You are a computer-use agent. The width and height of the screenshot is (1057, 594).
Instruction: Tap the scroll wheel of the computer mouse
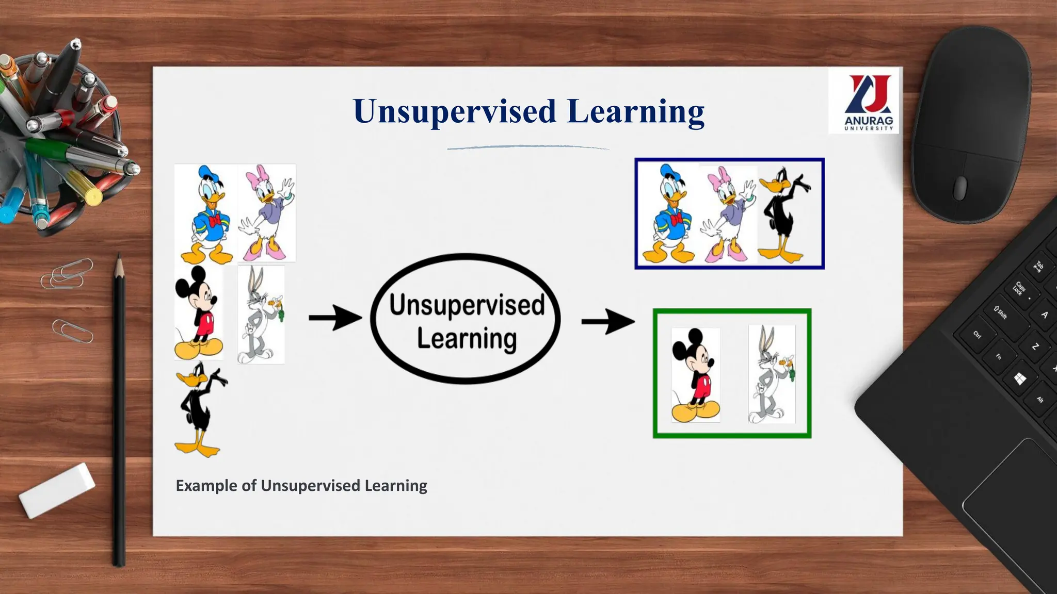(x=959, y=188)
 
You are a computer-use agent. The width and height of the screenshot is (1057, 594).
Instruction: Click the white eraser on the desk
(x=57, y=490)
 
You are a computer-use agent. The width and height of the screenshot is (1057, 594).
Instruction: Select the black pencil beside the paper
(x=119, y=412)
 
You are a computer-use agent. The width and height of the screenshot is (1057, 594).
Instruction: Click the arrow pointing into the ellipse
(x=335, y=318)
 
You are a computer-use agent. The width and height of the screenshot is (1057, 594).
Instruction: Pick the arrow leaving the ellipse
(x=607, y=322)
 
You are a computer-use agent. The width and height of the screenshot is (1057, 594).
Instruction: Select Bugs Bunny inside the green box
(x=772, y=375)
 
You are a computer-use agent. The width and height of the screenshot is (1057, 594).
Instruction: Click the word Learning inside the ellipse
(x=467, y=339)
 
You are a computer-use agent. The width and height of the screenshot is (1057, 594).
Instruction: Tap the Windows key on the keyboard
(x=1019, y=380)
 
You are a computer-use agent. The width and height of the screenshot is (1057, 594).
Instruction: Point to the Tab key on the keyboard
(x=1038, y=266)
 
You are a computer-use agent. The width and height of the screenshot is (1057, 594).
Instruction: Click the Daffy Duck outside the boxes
(x=200, y=410)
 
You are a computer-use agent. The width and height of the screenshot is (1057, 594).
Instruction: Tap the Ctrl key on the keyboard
(x=977, y=335)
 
